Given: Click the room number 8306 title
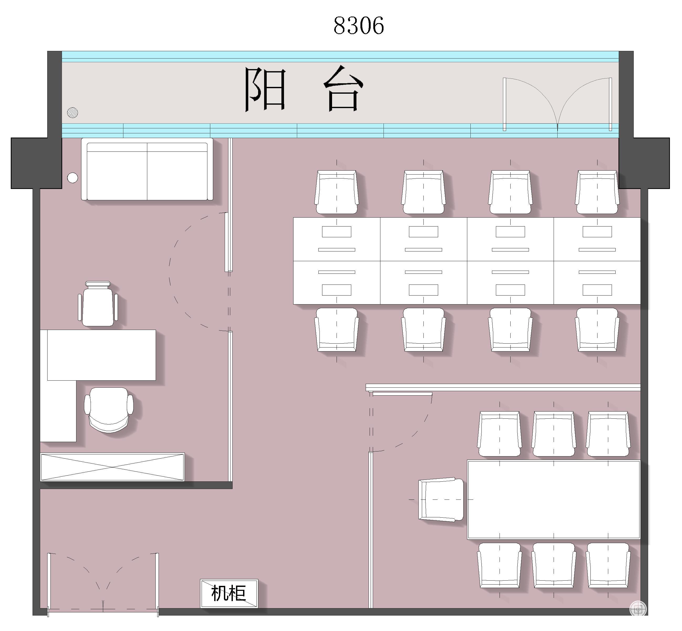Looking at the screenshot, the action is pyautogui.click(x=359, y=26).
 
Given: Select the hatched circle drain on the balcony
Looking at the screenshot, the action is pyautogui.click(x=72, y=112).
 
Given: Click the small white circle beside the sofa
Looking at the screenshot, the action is pyautogui.click(x=72, y=177).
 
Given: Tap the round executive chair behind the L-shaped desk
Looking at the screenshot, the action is pyautogui.click(x=109, y=410).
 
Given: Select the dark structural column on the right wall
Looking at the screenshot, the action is pyautogui.click(x=644, y=163).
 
